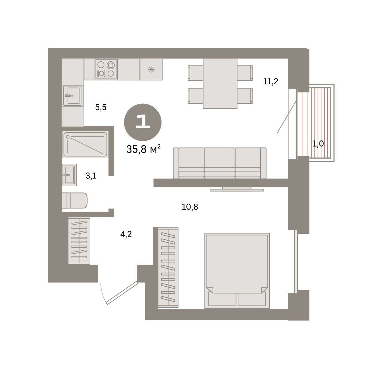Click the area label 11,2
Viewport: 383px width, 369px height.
[x=270, y=81]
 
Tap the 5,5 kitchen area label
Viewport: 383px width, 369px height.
[x=101, y=107]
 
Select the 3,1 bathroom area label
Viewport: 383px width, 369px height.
[x=91, y=176]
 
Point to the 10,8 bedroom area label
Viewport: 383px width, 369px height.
[x=190, y=207]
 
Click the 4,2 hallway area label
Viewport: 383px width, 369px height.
[x=126, y=234]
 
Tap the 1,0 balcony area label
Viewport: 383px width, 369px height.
[x=318, y=144]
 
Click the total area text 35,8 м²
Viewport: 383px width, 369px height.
[x=143, y=149]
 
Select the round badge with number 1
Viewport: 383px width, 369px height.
[x=143, y=122]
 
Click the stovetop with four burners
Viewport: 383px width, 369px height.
[x=106, y=70]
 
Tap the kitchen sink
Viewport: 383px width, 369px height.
[x=73, y=96]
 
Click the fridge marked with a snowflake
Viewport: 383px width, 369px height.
[x=151, y=70]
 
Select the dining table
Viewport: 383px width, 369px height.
[x=220, y=84]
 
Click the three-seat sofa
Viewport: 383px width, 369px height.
[x=220, y=163]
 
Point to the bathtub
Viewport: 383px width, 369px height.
[x=86, y=145]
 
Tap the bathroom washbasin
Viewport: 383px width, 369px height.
[x=69, y=175]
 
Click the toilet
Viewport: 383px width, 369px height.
[x=75, y=200]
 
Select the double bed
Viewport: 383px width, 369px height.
[x=237, y=271]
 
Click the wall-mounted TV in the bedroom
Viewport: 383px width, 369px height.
[x=237, y=189]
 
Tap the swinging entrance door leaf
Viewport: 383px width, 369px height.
[x=122, y=293]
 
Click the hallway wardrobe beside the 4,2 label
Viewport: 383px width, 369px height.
[x=79, y=241]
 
